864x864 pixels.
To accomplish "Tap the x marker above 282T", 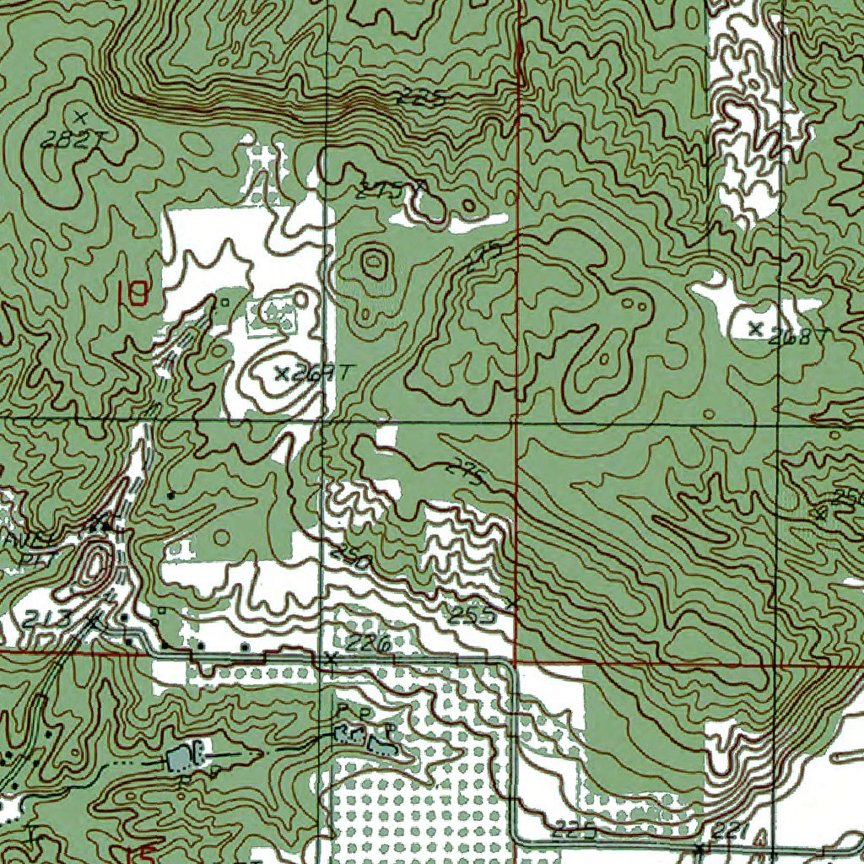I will pyautogui.click(x=81, y=116).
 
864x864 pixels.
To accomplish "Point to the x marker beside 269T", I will pyautogui.click(x=283, y=372).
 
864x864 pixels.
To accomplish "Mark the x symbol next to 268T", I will pyautogui.click(x=755, y=327).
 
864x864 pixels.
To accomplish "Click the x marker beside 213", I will pyautogui.click(x=94, y=621).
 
